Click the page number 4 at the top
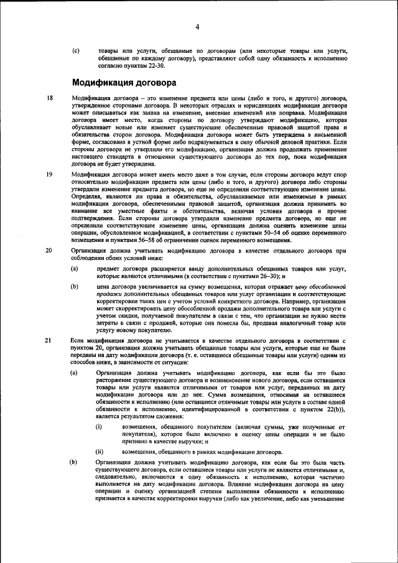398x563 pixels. click(197, 26)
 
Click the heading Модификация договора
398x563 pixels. click(124, 82)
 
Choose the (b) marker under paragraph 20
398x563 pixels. click(75, 286)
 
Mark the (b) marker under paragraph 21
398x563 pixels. click(75, 463)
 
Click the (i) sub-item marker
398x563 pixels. click(99, 427)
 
